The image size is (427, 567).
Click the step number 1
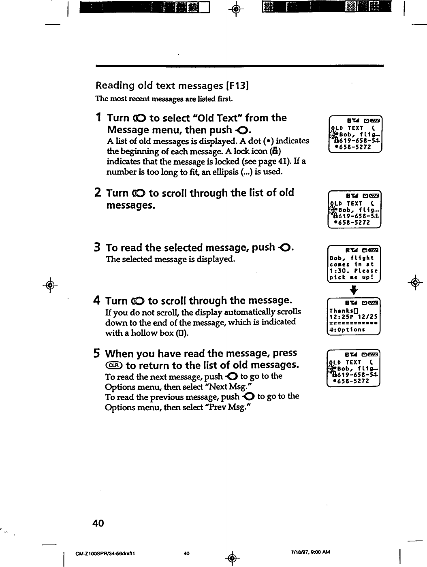(x=98, y=118)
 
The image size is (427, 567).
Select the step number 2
(x=98, y=193)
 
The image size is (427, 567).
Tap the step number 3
(x=98, y=247)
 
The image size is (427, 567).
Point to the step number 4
(x=98, y=301)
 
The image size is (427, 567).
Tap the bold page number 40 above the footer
(x=98, y=523)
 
